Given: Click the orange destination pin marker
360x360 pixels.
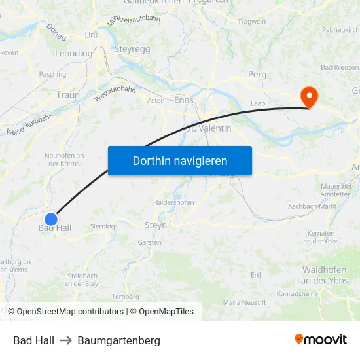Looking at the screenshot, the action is (308, 97).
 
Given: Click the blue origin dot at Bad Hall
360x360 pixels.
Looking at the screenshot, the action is (51, 219).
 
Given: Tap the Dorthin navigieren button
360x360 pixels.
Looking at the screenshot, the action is (180, 160).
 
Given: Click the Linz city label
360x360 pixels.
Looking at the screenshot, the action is (92, 34).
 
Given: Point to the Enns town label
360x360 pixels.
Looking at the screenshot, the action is (184, 99).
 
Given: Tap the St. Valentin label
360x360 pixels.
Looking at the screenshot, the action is (209, 128).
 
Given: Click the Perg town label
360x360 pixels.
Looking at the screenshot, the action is (257, 75).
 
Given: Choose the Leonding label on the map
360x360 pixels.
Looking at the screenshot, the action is (73, 54).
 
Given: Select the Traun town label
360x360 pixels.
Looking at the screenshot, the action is (68, 95).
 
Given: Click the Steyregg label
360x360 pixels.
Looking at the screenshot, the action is (133, 49).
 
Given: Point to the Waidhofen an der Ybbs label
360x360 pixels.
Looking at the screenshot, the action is (325, 275).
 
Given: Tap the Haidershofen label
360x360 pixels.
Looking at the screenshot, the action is (173, 202).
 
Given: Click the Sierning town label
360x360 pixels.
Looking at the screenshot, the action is (103, 226).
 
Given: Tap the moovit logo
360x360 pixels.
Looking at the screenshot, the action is (321, 339).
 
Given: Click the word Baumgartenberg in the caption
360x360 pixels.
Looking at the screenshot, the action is (118, 340).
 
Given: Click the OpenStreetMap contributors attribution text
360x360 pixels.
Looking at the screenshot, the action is (70, 312).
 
